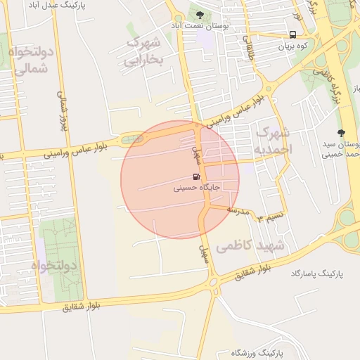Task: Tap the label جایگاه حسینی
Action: click(197, 188)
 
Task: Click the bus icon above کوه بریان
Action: click(292, 34)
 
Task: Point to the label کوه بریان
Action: click(292, 46)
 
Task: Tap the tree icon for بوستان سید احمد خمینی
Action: click(342, 133)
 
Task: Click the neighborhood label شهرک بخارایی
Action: click(143, 51)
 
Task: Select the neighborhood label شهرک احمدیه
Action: click(271, 141)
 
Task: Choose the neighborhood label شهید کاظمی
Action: click(250, 246)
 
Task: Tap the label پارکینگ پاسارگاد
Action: click(315, 272)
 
